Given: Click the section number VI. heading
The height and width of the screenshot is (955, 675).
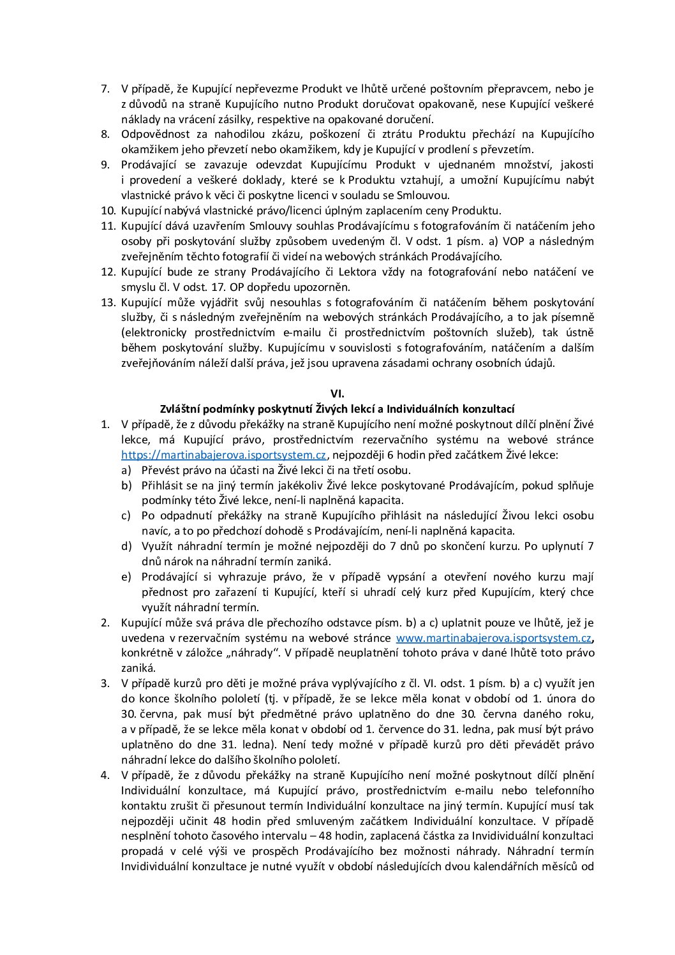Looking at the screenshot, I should click(x=337, y=394).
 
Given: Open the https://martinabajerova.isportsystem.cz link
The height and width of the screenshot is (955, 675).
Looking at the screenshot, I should click(x=224, y=455).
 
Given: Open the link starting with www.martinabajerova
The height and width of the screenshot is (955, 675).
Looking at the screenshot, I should click(x=494, y=638).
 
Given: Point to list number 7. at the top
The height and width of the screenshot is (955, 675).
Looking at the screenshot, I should click(x=106, y=88).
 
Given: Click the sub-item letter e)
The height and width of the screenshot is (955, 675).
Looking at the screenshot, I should click(x=126, y=577).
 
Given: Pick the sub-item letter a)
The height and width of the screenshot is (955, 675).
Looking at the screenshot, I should click(x=126, y=470).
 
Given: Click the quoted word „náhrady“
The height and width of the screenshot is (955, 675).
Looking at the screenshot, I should click(x=255, y=653).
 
